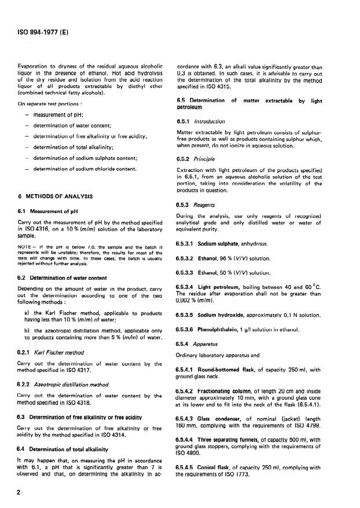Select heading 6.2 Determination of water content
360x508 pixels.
point(63,277)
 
